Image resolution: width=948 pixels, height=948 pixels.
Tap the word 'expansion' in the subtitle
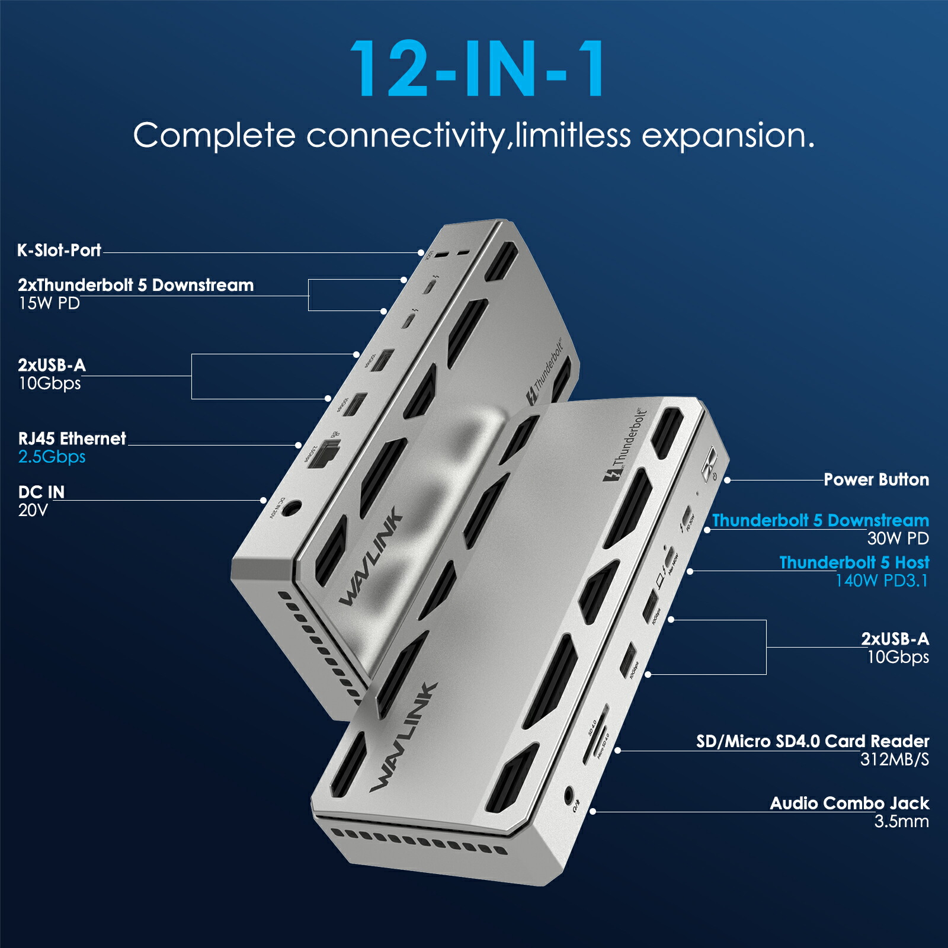pos(723,135)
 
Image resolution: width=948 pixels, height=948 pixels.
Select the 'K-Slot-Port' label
pos(59,250)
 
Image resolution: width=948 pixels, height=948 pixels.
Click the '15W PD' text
pos(49,303)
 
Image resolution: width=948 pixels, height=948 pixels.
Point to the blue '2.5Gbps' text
pos(52,457)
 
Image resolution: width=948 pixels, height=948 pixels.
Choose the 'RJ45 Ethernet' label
pos(72,438)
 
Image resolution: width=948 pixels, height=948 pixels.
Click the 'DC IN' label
pos(41,492)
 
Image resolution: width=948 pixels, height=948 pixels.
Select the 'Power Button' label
pos(876,479)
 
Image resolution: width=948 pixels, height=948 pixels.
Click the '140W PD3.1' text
pos(881,581)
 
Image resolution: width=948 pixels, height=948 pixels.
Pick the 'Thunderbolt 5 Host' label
pos(854,562)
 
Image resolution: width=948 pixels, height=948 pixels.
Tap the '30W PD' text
pos(898,539)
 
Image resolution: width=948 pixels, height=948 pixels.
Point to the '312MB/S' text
pos(894,760)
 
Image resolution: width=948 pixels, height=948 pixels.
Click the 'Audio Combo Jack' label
pos(849,803)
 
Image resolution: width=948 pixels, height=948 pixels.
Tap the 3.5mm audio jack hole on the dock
pos(569,794)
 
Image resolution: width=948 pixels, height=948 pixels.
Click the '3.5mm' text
pos(901,822)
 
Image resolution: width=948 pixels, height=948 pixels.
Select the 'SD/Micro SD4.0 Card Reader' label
pos(812,741)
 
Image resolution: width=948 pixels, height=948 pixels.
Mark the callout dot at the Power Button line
pos(727,480)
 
